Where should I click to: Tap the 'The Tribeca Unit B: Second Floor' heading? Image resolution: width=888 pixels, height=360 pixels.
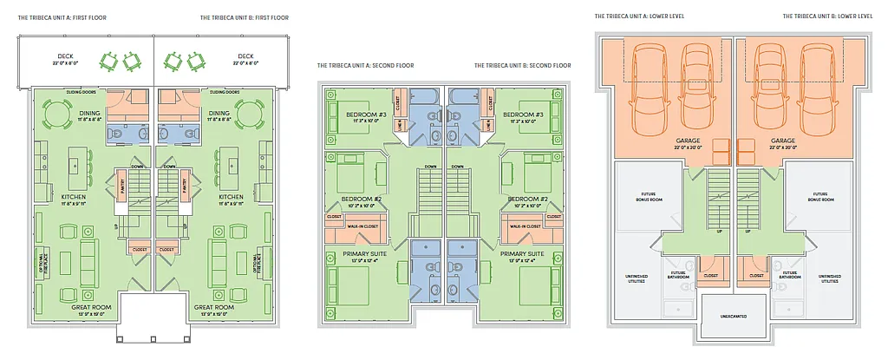[x=522, y=66]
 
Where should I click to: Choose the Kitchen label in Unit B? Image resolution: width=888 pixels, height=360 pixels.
[x=231, y=197]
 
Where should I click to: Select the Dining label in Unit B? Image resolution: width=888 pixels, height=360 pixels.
[x=219, y=113]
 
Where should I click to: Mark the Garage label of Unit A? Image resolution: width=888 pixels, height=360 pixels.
[x=688, y=141]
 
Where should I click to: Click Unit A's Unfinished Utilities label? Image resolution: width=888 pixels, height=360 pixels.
[x=637, y=279]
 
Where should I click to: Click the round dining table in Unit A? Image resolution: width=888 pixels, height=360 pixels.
[x=56, y=113]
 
